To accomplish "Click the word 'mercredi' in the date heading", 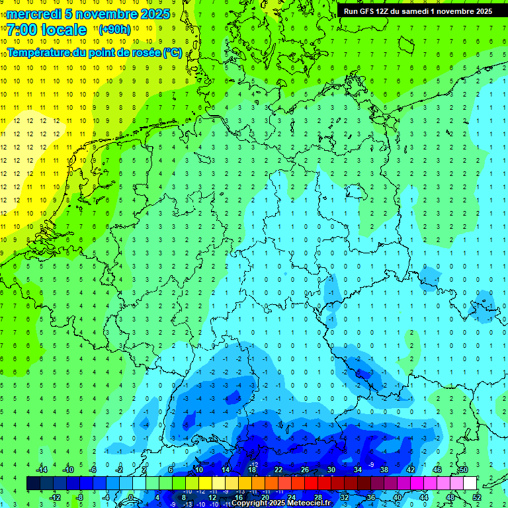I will (33, 14).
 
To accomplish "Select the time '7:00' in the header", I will (22, 30).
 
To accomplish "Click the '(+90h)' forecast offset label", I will (114, 30).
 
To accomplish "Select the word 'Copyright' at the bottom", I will (249, 503).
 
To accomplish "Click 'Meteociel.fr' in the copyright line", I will (309, 503).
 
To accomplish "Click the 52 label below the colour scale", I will (477, 497).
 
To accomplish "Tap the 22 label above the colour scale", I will (278, 470).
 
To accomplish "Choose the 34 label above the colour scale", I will (357, 470).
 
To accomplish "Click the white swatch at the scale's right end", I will (470, 484).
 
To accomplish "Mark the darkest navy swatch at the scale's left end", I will (33, 484).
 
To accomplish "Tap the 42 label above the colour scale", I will (410, 470).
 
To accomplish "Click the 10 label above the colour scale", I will (198, 470).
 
